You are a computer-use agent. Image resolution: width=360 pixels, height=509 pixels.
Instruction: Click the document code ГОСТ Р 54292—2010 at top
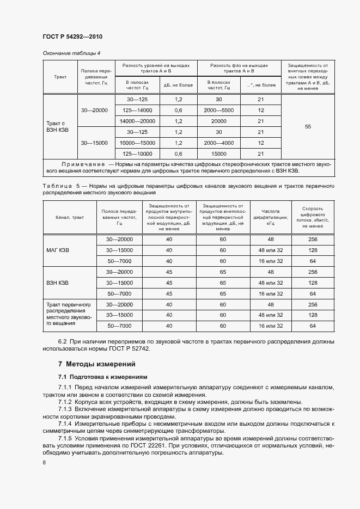(x=72, y=36)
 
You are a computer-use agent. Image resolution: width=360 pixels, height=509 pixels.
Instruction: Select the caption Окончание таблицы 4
(x=71, y=53)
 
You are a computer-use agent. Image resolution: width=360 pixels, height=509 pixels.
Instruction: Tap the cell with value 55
(x=308, y=127)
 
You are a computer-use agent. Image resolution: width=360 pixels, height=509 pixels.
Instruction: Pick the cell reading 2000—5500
(x=218, y=111)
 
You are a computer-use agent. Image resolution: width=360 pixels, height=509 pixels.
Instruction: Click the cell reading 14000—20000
(x=137, y=121)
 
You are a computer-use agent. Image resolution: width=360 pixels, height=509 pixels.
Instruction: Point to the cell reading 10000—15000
(x=137, y=143)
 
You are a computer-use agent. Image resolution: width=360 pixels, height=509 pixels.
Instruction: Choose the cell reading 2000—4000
(x=218, y=143)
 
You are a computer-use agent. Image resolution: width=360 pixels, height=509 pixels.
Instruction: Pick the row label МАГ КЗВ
(x=58, y=250)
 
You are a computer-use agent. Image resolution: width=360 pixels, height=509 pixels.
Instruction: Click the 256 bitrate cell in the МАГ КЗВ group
(x=313, y=240)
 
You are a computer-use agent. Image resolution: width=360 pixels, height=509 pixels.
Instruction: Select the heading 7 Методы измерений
(x=96, y=364)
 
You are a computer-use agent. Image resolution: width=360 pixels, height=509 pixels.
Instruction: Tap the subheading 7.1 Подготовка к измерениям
(x=102, y=377)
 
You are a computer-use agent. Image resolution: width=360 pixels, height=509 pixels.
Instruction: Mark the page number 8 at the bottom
(x=44, y=462)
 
